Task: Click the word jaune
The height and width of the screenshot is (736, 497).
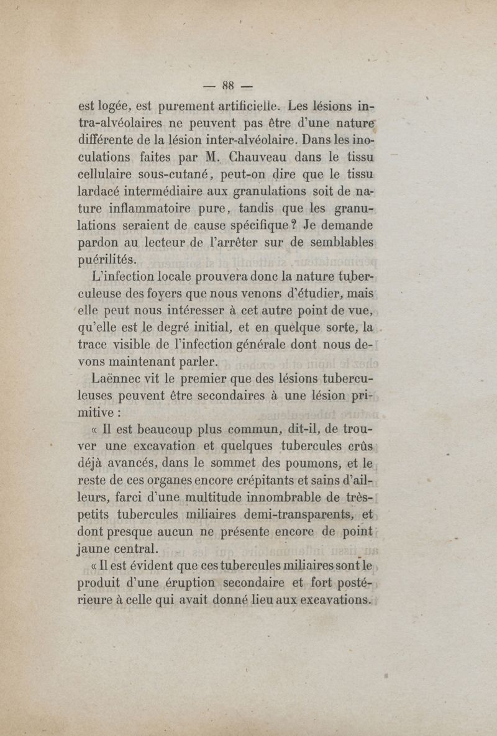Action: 96,548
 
